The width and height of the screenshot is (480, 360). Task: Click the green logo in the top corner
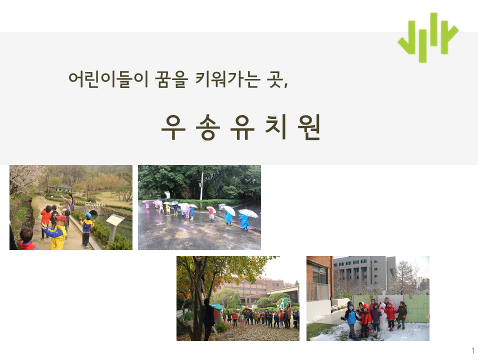[x=427, y=37]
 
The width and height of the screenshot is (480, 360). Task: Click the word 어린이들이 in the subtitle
[x=108, y=79]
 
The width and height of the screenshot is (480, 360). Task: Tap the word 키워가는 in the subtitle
[x=228, y=79]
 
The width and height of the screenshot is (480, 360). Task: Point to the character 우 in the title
[x=173, y=127]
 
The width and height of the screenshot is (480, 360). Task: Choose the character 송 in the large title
[x=208, y=127]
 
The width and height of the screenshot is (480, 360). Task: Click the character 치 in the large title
[x=276, y=126]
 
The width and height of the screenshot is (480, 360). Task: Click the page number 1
[x=473, y=350]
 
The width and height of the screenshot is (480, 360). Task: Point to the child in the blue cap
[x=86, y=230]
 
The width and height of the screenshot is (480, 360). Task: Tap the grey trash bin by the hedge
[x=221, y=207]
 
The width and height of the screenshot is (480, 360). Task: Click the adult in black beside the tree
[x=208, y=319]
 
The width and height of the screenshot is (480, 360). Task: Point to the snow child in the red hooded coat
[x=365, y=320]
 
